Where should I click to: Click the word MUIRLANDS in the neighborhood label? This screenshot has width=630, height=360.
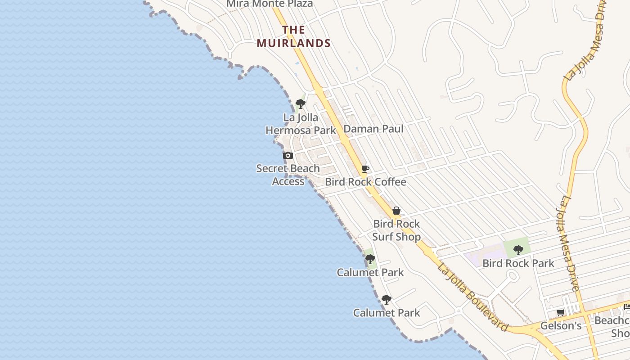tap(294, 43)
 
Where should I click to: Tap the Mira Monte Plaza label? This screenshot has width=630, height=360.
tap(270, 4)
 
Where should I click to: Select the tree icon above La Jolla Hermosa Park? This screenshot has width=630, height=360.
tap(301, 104)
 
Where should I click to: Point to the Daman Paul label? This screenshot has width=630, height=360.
tap(373, 129)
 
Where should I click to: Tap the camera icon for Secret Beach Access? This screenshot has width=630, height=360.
tap(288, 156)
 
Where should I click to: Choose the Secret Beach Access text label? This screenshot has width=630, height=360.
tap(288, 175)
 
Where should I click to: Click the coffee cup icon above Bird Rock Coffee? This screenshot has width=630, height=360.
tap(365, 169)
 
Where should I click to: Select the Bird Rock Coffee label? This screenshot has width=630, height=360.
tap(365, 182)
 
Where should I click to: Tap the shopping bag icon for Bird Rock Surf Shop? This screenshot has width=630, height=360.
tap(396, 211)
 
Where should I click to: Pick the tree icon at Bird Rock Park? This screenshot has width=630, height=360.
tap(518, 250)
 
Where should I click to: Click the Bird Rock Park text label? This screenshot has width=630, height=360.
tap(518, 263)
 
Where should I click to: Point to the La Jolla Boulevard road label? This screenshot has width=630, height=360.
tap(473, 297)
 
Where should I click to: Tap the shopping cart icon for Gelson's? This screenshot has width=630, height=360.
tap(561, 313)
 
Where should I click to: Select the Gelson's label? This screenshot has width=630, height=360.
tap(561, 325)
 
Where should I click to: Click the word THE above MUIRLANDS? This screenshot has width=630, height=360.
tap(294, 30)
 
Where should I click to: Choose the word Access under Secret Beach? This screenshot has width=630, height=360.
tap(288, 181)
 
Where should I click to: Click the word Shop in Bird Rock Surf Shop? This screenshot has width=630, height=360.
tap(409, 237)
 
